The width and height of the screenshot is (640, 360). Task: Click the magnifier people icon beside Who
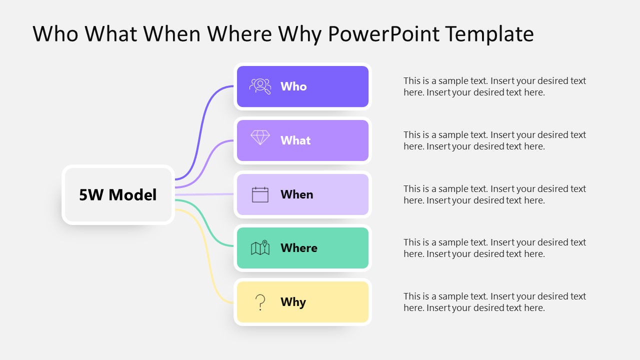(x=260, y=86)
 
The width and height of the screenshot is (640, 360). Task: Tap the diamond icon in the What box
(x=260, y=138)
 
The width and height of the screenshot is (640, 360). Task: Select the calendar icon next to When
(x=260, y=194)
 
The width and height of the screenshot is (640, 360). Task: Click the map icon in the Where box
(x=260, y=248)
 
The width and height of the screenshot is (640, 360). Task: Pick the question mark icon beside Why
(x=260, y=302)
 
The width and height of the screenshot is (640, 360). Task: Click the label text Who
(x=293, y=86)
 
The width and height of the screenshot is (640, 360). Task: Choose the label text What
(x=295, y=140)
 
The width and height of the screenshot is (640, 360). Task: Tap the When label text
(x=296, y=194)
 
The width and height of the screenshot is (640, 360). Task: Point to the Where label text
(x=298, y=248)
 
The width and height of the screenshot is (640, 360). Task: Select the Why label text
(x=293, y=302)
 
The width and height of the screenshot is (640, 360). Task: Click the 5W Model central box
(x=118, y=194)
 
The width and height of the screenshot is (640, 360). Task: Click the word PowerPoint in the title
(x=383, y=34)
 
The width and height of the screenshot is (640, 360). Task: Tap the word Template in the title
(x=489, y=34)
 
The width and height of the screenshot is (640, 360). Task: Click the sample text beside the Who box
(x=494, y=86)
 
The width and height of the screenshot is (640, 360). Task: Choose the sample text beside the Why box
(x=494, y=302)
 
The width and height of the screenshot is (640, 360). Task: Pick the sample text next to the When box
(x=494, y=194)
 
